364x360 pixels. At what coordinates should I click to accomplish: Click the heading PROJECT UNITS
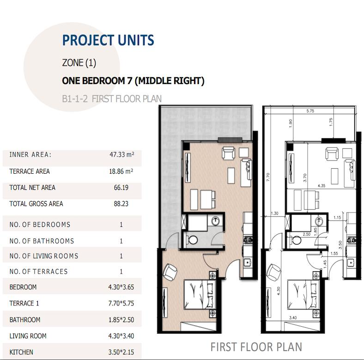(x=108, y=40)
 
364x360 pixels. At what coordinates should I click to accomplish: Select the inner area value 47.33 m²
(x=122, y=154)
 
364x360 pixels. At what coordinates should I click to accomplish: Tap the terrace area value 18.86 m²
(x=121, y=171)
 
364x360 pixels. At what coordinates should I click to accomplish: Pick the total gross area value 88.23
(x=121, y=204)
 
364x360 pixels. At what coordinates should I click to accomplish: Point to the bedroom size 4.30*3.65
(x=121, y=287)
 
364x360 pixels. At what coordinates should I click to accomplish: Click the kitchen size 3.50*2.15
(x=121, y=352)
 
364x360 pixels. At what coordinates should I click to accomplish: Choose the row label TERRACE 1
(x=24, y=303)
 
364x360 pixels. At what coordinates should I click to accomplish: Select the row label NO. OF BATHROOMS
(x=42, y=241)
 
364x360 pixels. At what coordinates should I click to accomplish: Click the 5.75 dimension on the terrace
(x=310, y=111)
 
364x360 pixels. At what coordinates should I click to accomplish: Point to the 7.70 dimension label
(x=268, y=177)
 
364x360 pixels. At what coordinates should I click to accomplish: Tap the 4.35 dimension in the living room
(x=322, y=186)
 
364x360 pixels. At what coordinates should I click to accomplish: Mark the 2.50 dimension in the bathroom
(x=306, y=234)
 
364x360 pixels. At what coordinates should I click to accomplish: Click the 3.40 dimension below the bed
(x=293, y=318)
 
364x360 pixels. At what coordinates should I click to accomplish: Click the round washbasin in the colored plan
(x=216, y=220)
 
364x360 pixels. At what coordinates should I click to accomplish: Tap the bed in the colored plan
(x=200, y=294)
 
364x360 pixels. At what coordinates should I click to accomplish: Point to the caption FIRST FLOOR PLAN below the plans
(x=256, y=347)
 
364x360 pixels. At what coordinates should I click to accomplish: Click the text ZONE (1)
(x=79, y=63)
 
